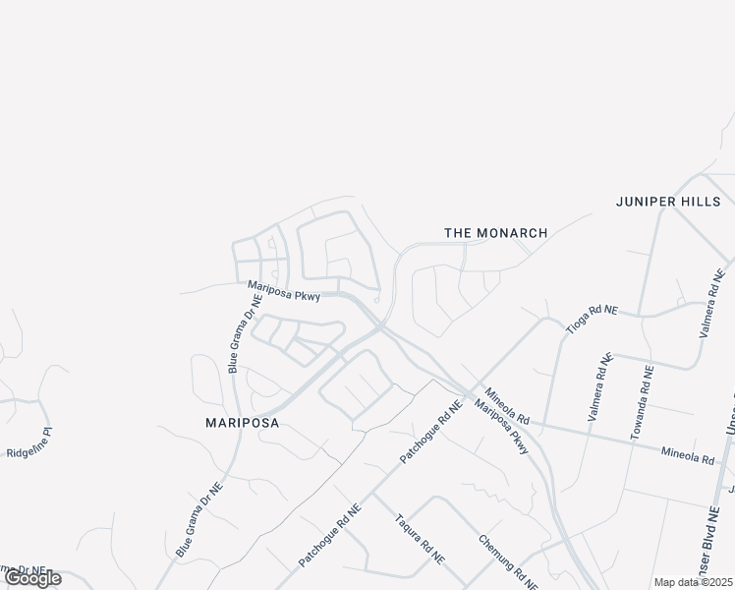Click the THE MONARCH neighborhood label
(x=495, y=233)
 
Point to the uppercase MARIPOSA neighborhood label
(x=242, y=423)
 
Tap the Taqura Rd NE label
(x=420, y=538)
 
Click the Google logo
(x=33, y=578)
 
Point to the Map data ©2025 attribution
(x=694, y=582)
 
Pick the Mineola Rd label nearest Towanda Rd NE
(x=687, y=455)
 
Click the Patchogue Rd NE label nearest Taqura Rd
(x=330, y=535)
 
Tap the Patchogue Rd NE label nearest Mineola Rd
(x=430, y=433)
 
